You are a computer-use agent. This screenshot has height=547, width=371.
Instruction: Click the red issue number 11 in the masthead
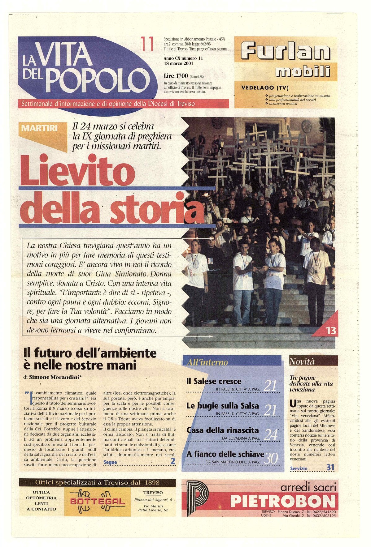pyautogui.click(x=147, y=44)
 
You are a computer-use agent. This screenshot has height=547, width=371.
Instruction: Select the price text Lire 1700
pyautogui.click(x=176, y=76)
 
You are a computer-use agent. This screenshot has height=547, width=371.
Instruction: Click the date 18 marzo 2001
pyautogui.click(x=178, y=64)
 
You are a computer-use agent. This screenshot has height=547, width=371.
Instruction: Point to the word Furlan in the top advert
pyautogui.click(x=285, y=51)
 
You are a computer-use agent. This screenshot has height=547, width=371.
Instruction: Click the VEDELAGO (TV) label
pyautogui.click(x=265, y=88)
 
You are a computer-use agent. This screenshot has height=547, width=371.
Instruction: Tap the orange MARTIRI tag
pyautogui.click(x=40, y=128)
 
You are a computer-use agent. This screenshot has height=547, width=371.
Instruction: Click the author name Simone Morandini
pyautogui.click(x=58, y=377)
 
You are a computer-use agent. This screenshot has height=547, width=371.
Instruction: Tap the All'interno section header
pyautogui.click(x=207, y=362)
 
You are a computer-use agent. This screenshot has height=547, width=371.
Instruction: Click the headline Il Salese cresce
pyautogui.click(x=214, y=381)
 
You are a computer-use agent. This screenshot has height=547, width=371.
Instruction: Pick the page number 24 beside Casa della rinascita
pyautogui.click(x=270, y=435)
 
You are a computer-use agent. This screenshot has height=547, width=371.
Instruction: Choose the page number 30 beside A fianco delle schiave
pyautogui.click(x=271, y=459)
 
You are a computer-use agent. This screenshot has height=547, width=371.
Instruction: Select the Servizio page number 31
pyautogui.click(x=330, y=468)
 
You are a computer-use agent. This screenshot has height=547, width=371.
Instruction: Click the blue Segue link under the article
pyautogui.click(x=110, y=462)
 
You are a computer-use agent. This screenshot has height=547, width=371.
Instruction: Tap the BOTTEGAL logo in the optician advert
pyautogui.click(x=97, y=501)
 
